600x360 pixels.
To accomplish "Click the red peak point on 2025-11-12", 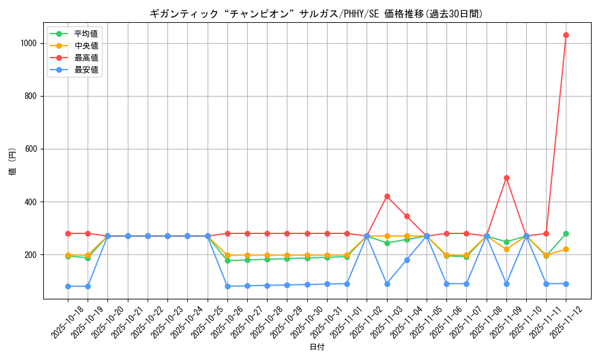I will click(x=566, y=35).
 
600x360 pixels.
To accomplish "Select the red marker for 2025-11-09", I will click(x=506, y=178).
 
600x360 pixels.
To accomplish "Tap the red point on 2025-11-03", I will click(x=387, y=196).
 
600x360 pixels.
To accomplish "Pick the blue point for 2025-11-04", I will click(x=407, y=260).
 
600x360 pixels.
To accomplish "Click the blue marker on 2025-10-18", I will click(x=68, y=286).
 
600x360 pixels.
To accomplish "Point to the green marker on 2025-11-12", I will click(x=566, y=233).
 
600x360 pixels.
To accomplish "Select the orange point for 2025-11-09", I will click(x=506, y=249).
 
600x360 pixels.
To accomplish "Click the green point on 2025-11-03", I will click(x=387, y=243).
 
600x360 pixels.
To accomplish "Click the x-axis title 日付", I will click(x=317, y=347).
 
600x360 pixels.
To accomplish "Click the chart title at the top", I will click(x=316, y=14).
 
